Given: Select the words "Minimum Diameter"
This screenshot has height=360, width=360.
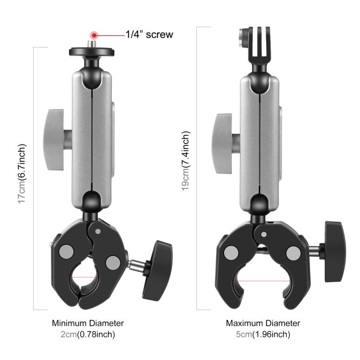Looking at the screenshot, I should coord(88,323).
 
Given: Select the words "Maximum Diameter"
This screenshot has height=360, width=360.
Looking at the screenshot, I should coord(263,323).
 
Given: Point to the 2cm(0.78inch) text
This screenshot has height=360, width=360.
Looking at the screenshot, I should coord(88,335).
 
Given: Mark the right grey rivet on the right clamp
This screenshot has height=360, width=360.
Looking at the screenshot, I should coord(292,252).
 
